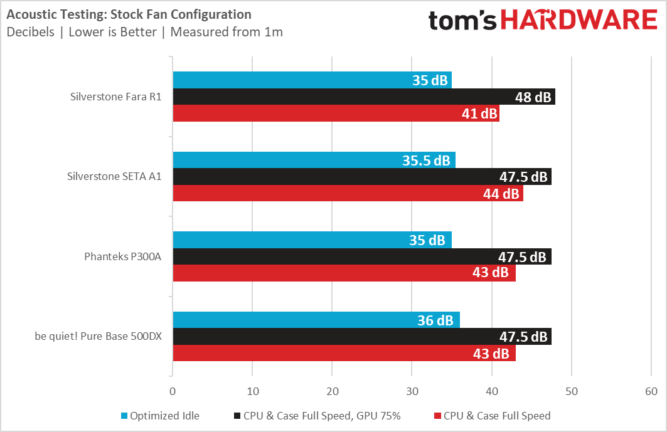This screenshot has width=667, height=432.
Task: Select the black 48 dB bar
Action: coord(364,97)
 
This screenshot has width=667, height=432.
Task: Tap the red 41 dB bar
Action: coord(336,113)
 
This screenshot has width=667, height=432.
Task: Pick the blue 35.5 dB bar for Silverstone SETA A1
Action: coord(314,160)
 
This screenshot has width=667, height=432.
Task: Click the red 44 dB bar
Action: coord(348,194)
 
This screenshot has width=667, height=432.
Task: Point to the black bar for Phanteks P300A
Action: coord(362,256)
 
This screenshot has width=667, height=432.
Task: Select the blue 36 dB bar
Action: coord(316,320)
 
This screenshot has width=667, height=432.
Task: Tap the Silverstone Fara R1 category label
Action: coord(116,97)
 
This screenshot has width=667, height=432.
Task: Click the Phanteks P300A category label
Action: coord(123,256)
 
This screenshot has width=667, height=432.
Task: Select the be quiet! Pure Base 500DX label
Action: coord(99,336)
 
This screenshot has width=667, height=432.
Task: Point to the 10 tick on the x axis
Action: coord(252,391)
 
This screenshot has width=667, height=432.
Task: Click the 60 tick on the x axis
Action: coord(651,391)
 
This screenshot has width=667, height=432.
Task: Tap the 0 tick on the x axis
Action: coord(173,391)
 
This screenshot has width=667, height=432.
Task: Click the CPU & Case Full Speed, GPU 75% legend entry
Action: coord(325,416)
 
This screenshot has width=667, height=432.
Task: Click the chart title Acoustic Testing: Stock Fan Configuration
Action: coord(129,14)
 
